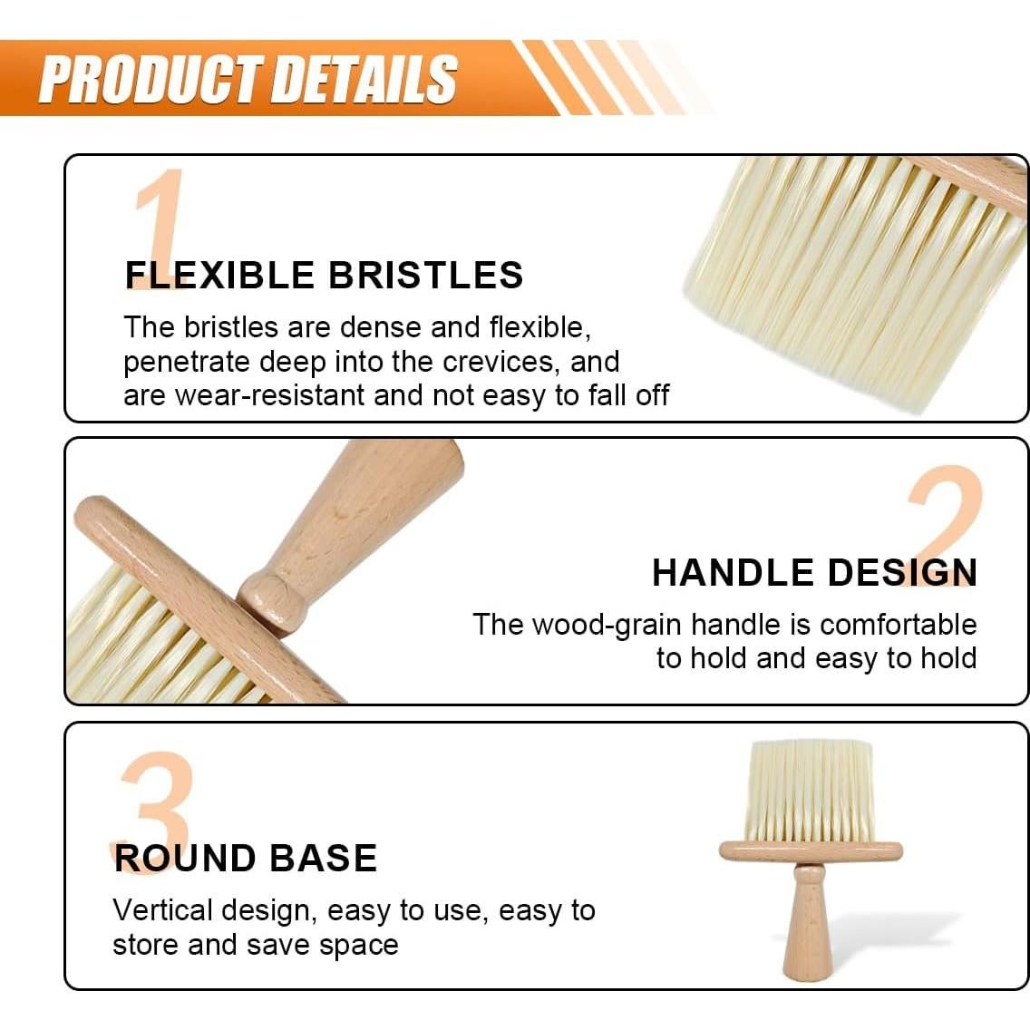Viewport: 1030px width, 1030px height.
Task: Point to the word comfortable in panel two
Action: click(898, 625)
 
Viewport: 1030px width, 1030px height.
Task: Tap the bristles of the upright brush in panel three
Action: click(810, 789)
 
